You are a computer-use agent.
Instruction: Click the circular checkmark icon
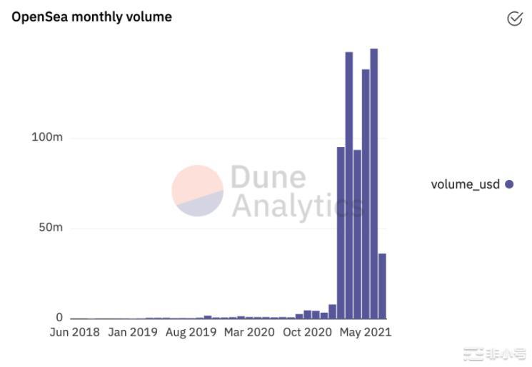514,19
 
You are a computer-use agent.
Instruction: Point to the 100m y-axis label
47,136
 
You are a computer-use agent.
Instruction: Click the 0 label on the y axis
59,317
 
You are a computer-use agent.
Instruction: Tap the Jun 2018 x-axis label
74,332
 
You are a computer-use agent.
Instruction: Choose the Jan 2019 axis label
133,332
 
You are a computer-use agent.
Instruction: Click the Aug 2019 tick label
191,332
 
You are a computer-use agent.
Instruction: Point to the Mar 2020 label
249,332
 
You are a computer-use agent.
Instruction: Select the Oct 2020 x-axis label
308,332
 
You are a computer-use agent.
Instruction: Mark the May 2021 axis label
365,332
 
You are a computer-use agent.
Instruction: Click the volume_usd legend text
465,184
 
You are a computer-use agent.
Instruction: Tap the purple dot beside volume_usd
509,184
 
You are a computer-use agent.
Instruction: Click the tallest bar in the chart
373,179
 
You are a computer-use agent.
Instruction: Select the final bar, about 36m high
382,286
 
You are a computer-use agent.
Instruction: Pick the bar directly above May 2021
366,193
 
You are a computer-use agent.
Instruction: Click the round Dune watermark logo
197,191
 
